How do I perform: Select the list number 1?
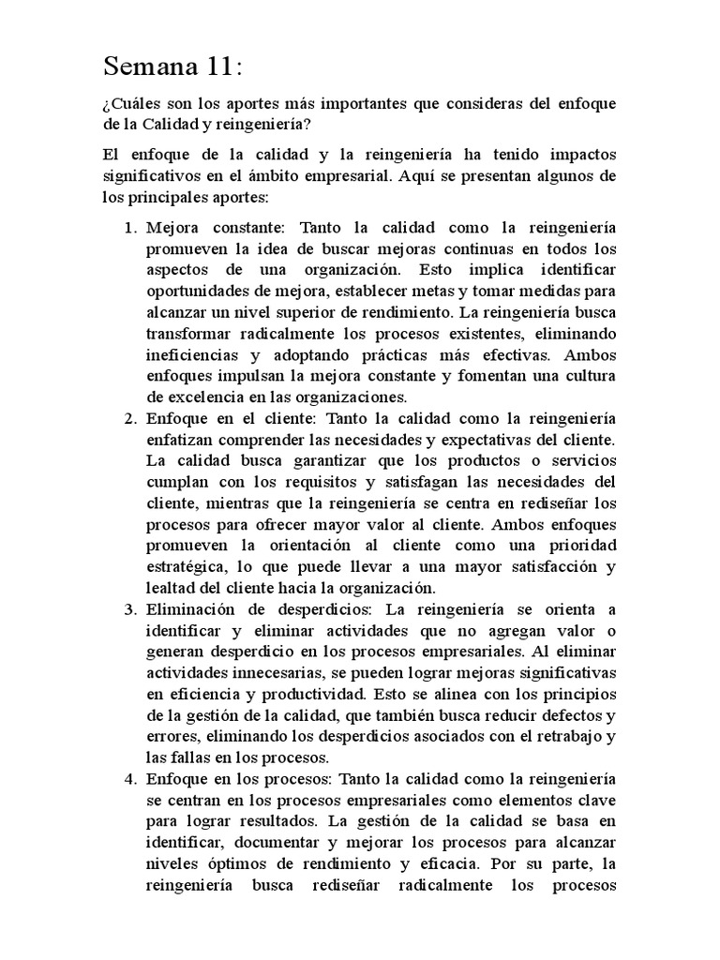[131, 228]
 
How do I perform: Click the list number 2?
[131, 418]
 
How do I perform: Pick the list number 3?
[131, 609]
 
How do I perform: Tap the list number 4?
[131, 779]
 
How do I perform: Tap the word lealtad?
[170, 588]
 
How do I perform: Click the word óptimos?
[220, 863]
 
